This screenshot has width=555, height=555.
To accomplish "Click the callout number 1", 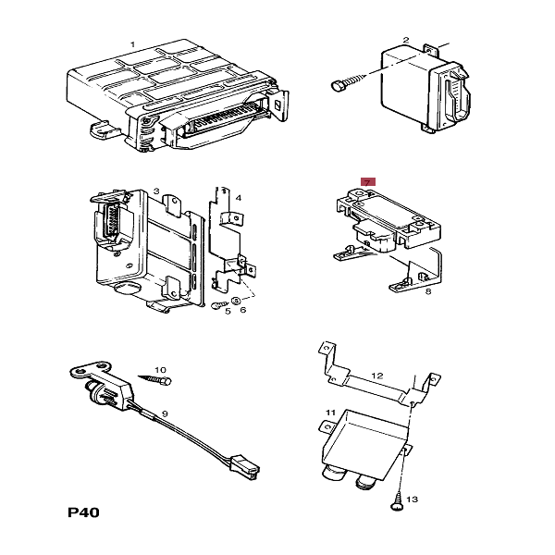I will click(131, 44).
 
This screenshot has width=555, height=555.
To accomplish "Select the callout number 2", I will click(406, 40).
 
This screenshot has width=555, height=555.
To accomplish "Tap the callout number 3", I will click(157, 191).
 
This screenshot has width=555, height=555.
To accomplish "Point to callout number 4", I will click(238, 198).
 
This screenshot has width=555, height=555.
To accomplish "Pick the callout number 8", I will click(428, 292).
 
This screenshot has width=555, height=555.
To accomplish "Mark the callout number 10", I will click(160, 368).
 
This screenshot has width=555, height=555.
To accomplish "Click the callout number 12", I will click(376, 375).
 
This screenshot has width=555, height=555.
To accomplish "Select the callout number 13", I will click(413, 499).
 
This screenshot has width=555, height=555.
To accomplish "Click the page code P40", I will click(84, 512).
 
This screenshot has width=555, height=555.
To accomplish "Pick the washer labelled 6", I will click(235, 302).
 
